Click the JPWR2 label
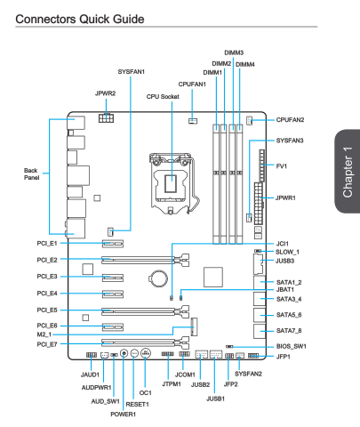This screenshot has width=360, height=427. (x=105, y=93)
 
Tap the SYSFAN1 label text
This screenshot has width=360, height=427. (x=132, y=72)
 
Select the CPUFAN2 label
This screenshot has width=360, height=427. (x=290, y=120)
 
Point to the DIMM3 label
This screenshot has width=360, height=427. (x=234, y=52)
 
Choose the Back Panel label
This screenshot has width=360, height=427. (x=31, y=174)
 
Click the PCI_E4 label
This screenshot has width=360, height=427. (x=47, y=294)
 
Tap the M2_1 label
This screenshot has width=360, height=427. (x=44, y=334)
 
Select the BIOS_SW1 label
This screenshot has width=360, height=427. (x=292, y=346)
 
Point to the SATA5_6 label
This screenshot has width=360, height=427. (x=289, y=315)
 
